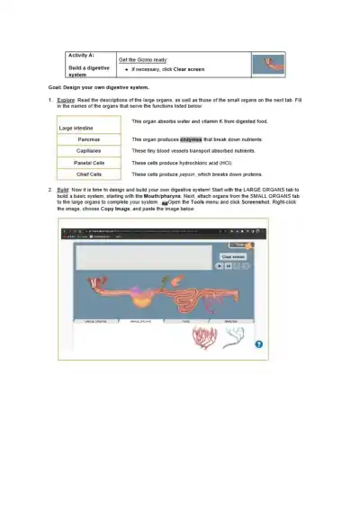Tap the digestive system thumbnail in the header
point(267,65)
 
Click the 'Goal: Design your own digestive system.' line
point(98,87)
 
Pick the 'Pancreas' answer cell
point(89,140)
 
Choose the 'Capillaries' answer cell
point(89,151)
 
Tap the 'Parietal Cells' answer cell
point(89,163)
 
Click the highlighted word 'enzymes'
point(191,140)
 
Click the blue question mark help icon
point(258,344)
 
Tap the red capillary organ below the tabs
point(201,336)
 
